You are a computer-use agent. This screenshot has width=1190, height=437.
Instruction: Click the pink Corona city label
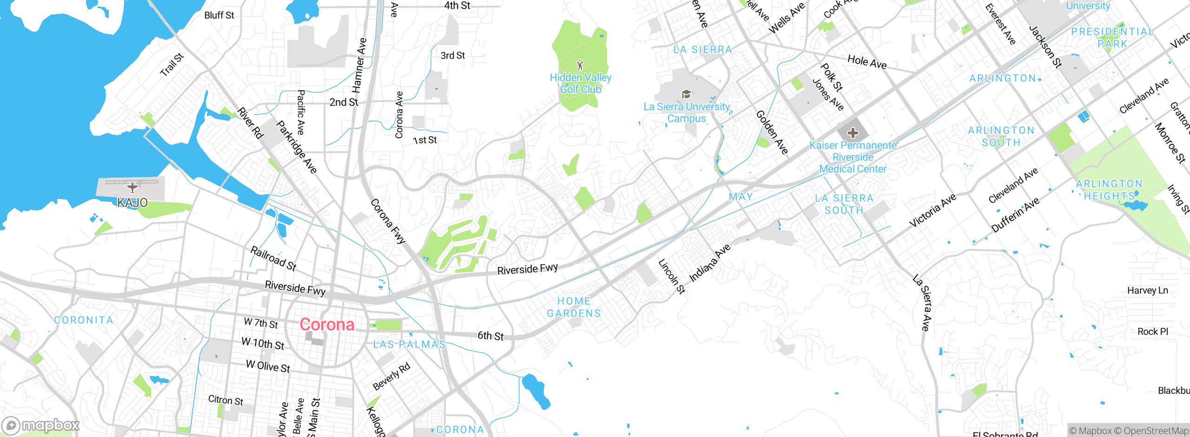coord(327,324)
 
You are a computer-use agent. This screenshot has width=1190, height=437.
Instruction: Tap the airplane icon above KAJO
coord(132,187)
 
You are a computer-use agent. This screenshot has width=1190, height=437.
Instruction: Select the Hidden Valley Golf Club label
coord(581,84)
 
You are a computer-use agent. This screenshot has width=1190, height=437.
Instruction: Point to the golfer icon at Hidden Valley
coord(580,65)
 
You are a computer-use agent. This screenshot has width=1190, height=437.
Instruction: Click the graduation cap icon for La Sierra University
coord(686,94)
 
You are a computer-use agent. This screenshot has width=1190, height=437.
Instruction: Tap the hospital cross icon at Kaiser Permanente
coord(853,133)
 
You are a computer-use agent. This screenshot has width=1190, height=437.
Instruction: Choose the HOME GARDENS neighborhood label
coord(574,307)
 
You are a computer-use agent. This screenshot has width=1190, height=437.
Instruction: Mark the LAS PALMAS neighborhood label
coord(410,344)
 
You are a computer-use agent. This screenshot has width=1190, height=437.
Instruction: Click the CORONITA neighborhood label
coord(84,320)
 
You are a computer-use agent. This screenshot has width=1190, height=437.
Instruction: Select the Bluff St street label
coord(219,15)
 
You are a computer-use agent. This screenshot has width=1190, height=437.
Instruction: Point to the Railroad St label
coord(273,258)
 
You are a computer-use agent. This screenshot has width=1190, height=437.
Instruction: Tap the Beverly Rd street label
coord(391,377)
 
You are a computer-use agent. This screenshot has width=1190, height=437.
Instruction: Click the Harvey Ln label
coord(1147,291)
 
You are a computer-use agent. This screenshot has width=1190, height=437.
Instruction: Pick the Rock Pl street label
coord(1152,331)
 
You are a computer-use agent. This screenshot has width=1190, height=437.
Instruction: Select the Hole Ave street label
coord(867,62)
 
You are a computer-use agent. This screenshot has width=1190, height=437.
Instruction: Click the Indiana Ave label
coord(710,263)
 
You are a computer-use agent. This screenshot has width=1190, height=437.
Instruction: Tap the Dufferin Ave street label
coord(1015,215)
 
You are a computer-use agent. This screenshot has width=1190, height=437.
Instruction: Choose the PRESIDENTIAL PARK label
coord(1112,38)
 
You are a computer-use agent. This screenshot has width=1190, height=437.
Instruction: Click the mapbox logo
coord(41,425)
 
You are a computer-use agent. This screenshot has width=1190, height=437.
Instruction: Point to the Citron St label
coord(225,400)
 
